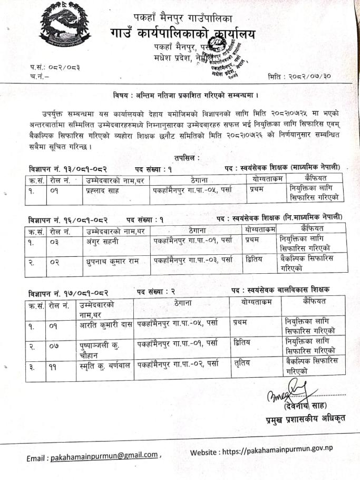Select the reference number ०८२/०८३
point(58,68)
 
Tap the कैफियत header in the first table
point(315,178)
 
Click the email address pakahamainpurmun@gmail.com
point(104,455)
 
